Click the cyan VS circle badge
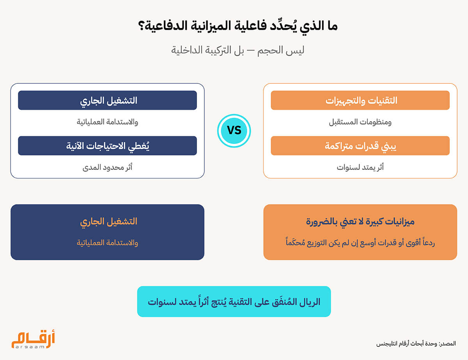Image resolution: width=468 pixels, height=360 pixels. [234, 131]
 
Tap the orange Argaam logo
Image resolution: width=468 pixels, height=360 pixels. [33, 339]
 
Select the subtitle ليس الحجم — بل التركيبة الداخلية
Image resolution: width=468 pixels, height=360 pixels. [238, 50]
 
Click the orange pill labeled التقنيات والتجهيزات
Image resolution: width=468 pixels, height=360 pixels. [360, 100]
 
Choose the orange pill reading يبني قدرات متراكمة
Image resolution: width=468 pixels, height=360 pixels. [360, 146]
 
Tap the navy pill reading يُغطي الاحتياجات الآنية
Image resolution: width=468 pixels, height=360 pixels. [108, 146]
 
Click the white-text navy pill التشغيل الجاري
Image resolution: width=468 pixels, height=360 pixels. [108, 100]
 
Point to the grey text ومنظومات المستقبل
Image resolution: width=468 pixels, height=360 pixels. [360, 122]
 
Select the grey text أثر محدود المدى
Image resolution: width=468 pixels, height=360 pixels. [108, 167]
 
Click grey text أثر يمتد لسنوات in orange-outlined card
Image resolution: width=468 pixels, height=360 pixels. [360, 167]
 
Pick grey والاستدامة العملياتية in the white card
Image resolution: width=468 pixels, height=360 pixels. [108, 122]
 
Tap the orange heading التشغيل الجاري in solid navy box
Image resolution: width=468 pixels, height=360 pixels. [108, 222]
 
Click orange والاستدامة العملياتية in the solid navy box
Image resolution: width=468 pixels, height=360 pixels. [108, 243]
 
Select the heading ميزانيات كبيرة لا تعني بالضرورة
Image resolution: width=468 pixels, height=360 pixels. [360, 222]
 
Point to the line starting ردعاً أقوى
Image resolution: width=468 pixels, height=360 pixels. [360, 242]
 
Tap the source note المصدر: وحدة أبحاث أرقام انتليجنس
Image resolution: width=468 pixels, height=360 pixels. [416, 344]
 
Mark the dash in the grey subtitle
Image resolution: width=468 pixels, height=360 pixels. [251, 51]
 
